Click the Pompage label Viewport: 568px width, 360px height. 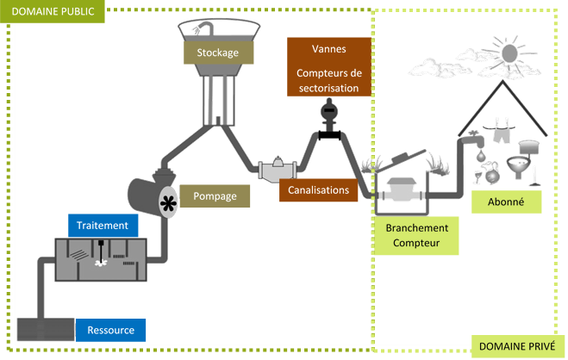pos(215,196)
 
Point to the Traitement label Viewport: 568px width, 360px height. pos(103,226)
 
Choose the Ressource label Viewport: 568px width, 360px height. pos(110,330)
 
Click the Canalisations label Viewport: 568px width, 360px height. pos(318,190)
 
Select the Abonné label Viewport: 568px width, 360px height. pos(507,202)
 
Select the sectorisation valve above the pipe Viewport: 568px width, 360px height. pos(328,110)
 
